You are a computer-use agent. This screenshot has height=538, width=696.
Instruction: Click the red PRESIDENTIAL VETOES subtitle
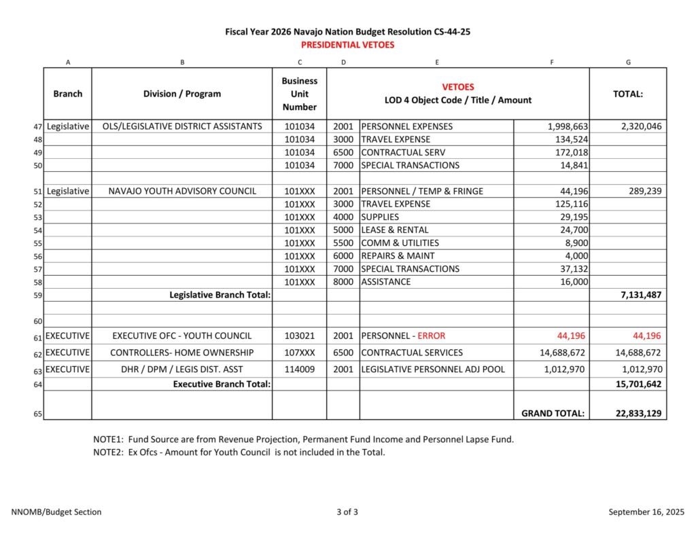(x=347, y=45)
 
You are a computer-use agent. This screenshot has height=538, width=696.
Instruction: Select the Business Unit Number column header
(x=299, y=94)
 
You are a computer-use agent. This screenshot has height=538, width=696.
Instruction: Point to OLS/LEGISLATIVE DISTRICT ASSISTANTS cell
(x=182, y=126)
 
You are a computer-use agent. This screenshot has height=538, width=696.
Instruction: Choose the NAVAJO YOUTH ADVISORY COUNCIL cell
(x=182, y=192)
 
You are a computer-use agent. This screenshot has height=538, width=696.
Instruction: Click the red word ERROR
(x=432, y=336)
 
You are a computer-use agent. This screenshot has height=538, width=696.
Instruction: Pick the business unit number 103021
(x=299, y=336)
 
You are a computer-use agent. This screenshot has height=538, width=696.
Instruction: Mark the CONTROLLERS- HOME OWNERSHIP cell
(x=182, y=353)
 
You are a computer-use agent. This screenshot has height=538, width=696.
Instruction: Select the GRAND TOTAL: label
(x=553, y=413)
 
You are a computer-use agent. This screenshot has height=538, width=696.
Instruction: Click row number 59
(x=38, y=295)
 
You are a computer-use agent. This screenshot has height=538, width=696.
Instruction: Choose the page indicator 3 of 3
(x=347, y=512)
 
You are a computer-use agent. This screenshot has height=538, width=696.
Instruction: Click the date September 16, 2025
(x=646, y=512)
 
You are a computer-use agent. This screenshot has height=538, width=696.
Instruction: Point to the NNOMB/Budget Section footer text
(x=56, y=512)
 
